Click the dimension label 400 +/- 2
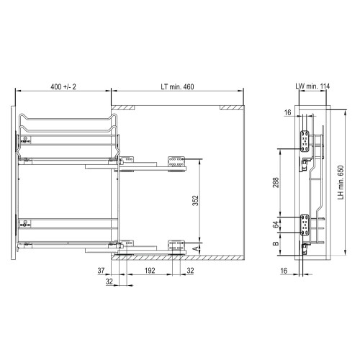click(63, 86)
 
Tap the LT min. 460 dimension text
click(177, 86)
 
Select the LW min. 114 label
click(312, 86)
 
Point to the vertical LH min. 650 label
click(341, 182)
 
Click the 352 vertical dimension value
click(196, 201)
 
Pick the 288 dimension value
click(276, 182)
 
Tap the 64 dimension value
click(276, 225)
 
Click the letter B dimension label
click(276, 243)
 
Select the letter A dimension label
click(196, 248)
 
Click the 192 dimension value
click(150, 271)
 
